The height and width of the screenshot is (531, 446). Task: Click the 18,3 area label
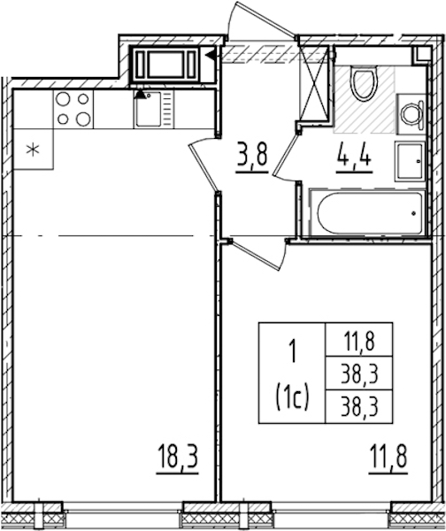(x=177, y=458)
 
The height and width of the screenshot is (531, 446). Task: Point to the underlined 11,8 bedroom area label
(x=388, y=458)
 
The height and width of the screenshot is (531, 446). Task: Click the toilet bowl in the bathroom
(x=364, y=83)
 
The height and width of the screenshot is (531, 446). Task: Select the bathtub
(x=367, y=212)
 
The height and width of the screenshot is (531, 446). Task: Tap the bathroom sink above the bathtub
(x=410, y=162)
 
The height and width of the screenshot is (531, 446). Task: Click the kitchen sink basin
(x=148, y=109)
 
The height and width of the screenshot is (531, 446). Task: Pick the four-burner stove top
(x=73, y=109)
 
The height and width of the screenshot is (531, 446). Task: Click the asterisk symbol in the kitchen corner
(x=33, y=150)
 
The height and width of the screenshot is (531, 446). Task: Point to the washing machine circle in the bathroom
(x=410, y=115)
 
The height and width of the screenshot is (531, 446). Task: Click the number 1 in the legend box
(x=293, y=352)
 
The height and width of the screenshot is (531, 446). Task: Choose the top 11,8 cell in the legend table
(x=359, y=340)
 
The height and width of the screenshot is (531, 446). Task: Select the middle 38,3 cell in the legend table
(x=359, y=373)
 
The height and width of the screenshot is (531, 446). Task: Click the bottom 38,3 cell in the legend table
(x=359, y=406)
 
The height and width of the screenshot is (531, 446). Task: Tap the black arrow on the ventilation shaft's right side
(x=211, y=55)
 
